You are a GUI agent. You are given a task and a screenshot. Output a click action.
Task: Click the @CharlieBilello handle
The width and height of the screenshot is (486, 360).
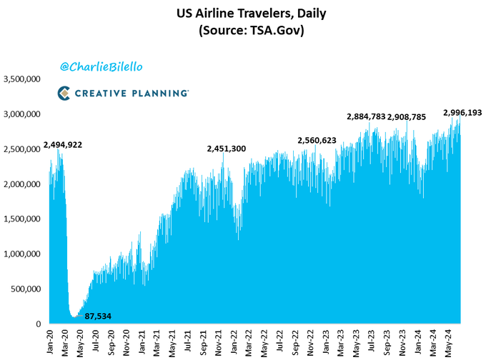point(101,66)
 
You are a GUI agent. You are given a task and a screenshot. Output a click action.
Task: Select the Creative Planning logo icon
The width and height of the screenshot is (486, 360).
point(64,92)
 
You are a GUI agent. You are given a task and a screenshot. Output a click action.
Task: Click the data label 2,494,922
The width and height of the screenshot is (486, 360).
point(63,145)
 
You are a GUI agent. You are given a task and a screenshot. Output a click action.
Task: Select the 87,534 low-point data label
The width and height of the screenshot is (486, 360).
point(98,315)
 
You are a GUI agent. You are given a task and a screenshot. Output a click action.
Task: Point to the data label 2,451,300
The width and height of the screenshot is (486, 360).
point(227,149)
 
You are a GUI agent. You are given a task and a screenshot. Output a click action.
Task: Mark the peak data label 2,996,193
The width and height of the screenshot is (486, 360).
point(463,113)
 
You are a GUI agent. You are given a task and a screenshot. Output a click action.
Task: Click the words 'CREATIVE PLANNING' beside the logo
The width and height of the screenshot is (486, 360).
point(132,93)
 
